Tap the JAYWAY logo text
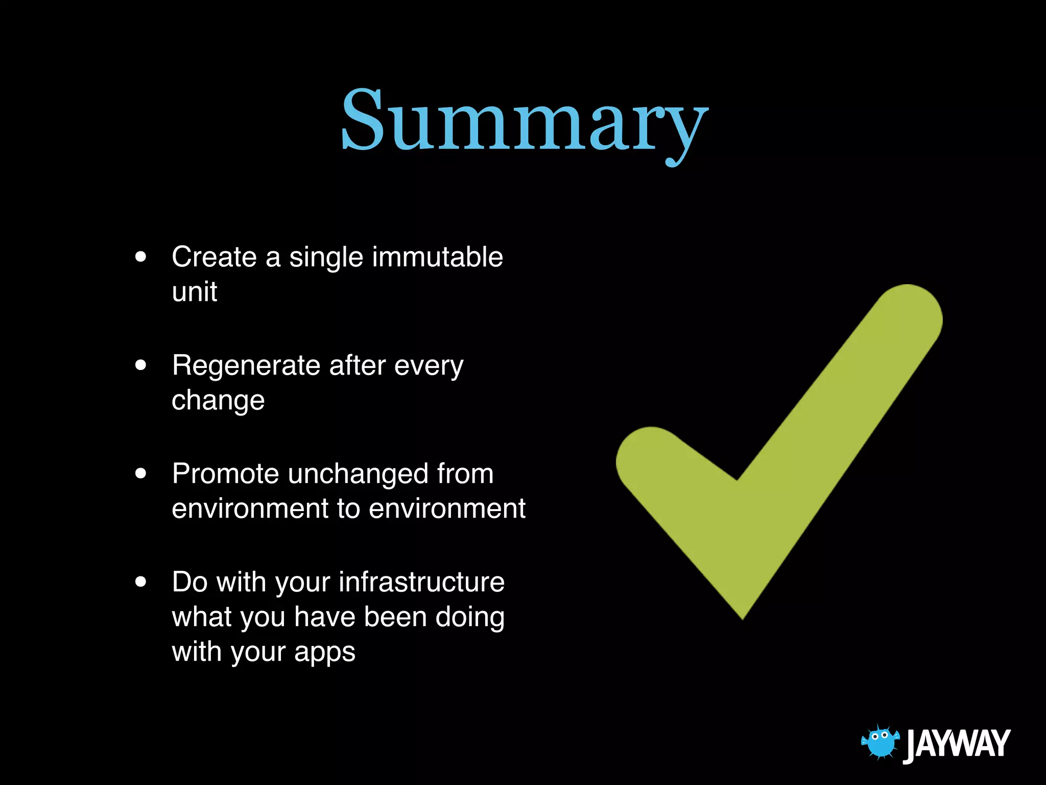pos(957,744)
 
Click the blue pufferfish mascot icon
pos(879,742)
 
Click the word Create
pos(214,257)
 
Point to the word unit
pos(195,292)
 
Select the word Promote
pos(225,474)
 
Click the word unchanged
pos(358,474)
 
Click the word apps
pos(324,653)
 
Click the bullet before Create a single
pos(141,257)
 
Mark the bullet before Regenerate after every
pos(141,365)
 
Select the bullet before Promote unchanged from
pos(141,473)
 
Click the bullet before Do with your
pos(141,582)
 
